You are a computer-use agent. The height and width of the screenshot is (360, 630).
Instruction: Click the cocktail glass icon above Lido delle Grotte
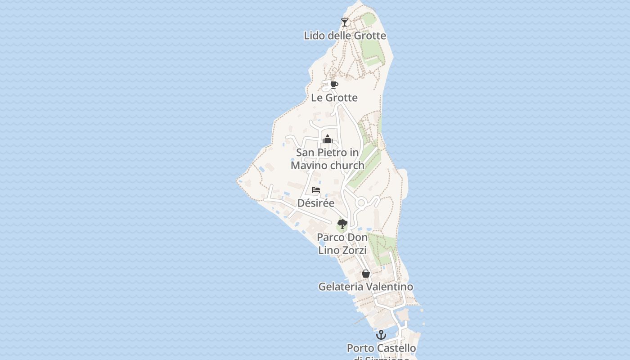pos(345,22)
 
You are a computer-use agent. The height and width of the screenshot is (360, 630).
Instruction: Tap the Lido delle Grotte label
pos(345,36)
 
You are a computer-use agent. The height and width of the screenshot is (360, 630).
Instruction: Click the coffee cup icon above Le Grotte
pos(334,85)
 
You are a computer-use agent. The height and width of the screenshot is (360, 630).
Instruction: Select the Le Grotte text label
pos(334,98)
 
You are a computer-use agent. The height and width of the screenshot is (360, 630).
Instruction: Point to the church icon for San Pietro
pos(328,139)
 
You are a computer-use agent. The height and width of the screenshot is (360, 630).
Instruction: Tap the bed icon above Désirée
pos(316,190)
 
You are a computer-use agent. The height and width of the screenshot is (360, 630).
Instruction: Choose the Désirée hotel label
pos(316,203)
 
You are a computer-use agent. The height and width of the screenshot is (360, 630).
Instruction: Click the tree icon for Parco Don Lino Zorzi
pos(342,224)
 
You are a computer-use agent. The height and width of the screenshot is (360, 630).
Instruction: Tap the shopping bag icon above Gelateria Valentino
pos(366,274)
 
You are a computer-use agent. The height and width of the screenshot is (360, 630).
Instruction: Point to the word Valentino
pos(389,287)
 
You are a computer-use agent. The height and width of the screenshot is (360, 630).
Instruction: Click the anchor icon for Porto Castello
pos(381,335)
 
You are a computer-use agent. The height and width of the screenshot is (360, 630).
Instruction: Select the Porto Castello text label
pos(381,348)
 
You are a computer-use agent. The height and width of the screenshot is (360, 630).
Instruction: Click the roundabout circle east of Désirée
pos(360,203)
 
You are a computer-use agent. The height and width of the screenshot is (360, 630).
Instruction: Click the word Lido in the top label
pos(314,36)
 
